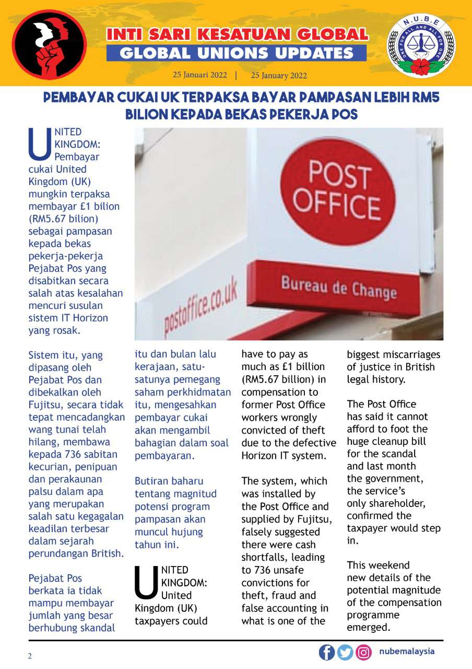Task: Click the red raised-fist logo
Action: [50, 45]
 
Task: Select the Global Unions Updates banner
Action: [237, 53]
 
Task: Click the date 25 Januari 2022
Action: [200, 75]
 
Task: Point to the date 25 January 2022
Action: [279, 75]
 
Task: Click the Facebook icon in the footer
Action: [327, 652]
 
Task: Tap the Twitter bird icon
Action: [345, 652]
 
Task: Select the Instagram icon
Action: [363, 652]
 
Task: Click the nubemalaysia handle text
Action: [407, 652]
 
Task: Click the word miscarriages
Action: [407, 354]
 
